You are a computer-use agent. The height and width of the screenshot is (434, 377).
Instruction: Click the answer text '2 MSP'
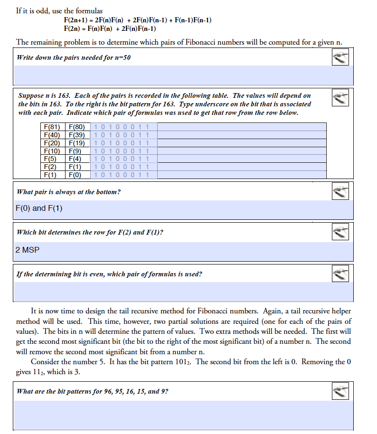click(x=28, y=250)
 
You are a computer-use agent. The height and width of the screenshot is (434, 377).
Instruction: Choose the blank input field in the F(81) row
click(x=241, y=127)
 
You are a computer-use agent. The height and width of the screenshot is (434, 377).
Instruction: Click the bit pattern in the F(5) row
click(x=122, y=159)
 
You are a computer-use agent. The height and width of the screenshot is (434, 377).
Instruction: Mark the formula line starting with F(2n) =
click(x=110, y=28)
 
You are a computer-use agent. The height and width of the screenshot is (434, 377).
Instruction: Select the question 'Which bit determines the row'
click(x=90, y=232)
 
